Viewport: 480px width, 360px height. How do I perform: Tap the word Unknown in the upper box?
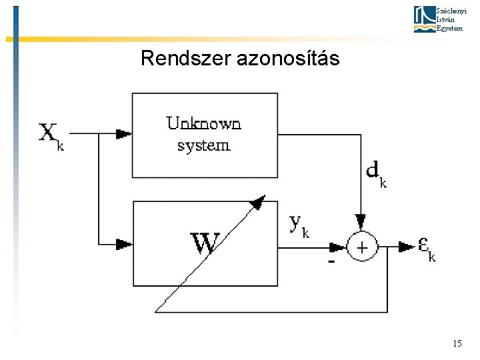tap(203, 123)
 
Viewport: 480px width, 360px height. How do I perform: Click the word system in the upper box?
tap(203, 145)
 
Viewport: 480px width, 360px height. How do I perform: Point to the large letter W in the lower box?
tap(205, 243)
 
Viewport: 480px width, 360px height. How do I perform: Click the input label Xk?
tap(51, 135)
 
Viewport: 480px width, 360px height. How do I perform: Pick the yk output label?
tap(299, 225)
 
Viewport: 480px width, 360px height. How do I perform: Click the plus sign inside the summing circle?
tap(361, 247)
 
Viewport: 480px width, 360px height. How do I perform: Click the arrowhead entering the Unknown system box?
tap(123, 134)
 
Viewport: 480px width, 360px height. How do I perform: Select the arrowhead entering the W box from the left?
tap(123, 244)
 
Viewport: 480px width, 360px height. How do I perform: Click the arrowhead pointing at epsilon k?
tap(406, 247)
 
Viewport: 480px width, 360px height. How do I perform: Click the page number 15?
tap(457, 343)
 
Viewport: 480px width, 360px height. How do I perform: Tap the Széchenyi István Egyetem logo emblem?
tap(423, 19)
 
